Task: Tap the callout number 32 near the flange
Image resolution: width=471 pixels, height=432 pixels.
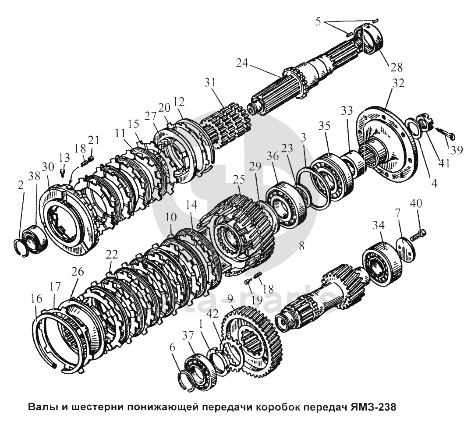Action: tap(386, 83)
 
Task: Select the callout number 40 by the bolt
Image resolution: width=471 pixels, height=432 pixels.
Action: tap(417, 205)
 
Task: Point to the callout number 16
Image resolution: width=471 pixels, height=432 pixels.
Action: tap(36, 299)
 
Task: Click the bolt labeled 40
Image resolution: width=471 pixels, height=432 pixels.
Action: tap(419, 234)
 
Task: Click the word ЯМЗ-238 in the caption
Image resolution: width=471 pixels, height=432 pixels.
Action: tap(373, 407)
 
